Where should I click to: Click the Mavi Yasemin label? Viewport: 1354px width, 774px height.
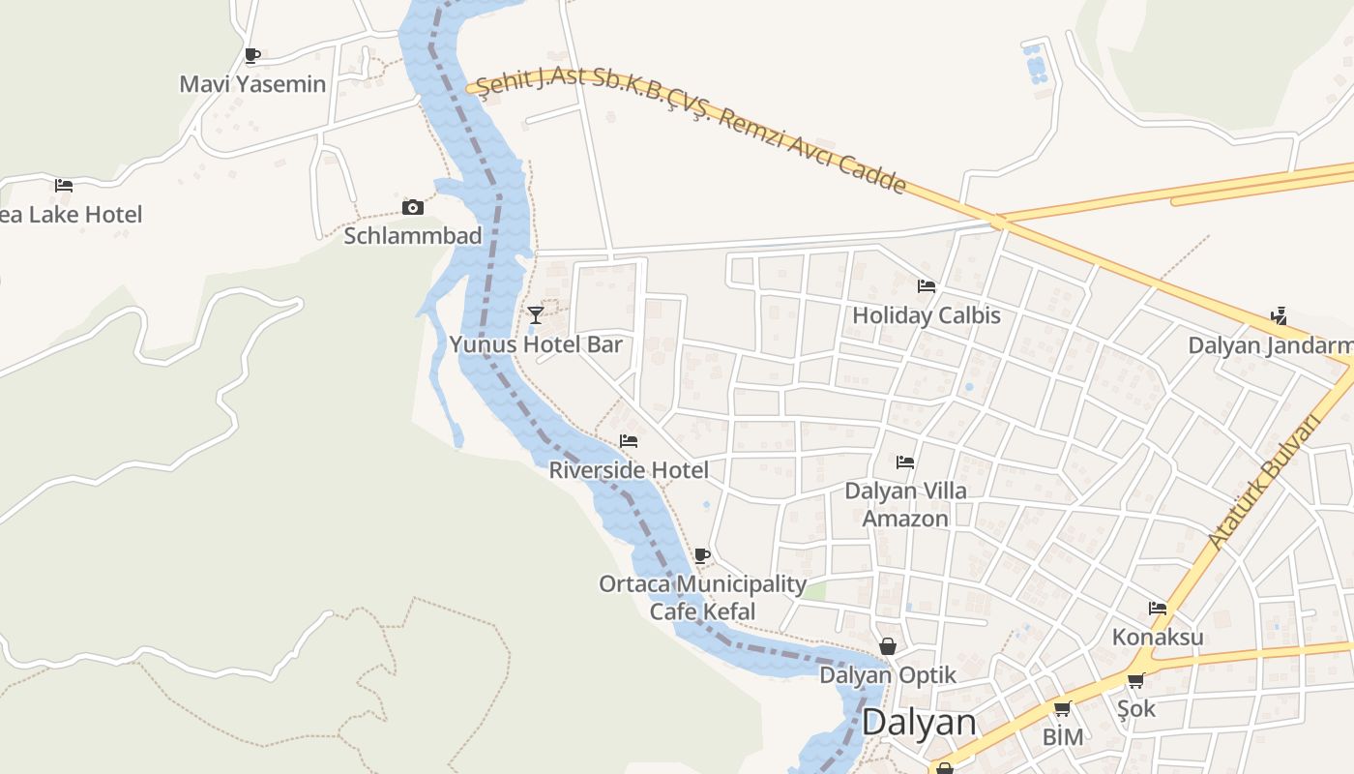pyautogui.click(x=252, y=84)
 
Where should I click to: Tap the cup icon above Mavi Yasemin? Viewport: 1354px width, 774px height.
pyautogui.click(x=252, y=55)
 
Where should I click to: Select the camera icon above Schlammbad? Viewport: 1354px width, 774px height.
pyautogui.click(x=413, y=207)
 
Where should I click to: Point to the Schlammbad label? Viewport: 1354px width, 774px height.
pyautogui.click(x=413, y=235)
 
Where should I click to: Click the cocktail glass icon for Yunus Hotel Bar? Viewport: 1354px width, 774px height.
pyautogui.click(x=535, y=315)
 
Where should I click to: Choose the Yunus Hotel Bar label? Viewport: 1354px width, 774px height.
pyautogui.click(x=536, y=344)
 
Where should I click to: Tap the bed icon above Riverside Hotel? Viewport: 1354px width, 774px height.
pyautogui.click(x=629, y=441)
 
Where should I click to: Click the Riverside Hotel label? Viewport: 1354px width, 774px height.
pyautogui.click(x=629, y=470)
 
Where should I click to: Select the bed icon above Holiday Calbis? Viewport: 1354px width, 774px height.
pyautogui.click(x=927, y=286)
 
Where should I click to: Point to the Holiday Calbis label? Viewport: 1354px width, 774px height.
pyautogui.click(x=927, y=315)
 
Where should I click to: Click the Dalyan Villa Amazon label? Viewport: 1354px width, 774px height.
pyautogui.click(x=905, y=504)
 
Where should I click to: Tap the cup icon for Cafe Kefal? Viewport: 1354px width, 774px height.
pyautogui.click(x=702, y=555)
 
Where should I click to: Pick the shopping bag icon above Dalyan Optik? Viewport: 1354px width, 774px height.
pyautogui.click(x=888, y=646)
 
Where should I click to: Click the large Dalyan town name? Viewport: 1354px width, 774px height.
pyautogui.click(x=919, y=723)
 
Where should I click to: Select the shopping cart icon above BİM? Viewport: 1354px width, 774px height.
pyautogui.click(x=1062, y=708)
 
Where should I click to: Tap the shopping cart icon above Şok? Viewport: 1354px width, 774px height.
pyautogui.click(x=1136, y=680)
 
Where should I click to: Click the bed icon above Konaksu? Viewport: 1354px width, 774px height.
pyautogui.click(x=1158, y=609)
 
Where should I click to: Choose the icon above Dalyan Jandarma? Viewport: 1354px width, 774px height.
pyautogui.click(x=1280, y=316)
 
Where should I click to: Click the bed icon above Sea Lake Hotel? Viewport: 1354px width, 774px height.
pyautogui.click(x=64, y=186)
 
